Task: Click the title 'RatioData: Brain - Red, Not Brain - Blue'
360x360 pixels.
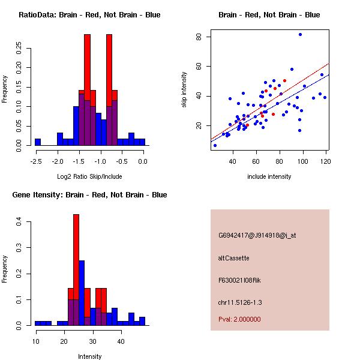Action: (89, 15)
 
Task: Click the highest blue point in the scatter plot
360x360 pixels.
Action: (300, 35)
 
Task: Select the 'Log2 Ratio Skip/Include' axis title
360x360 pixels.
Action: (89, 176)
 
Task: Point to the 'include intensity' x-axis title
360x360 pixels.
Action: (269, 176)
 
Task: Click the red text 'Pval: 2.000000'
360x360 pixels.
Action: (239, 319)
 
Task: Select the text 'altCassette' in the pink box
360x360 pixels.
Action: (233, 258)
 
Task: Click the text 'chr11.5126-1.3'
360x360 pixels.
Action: (240, 302)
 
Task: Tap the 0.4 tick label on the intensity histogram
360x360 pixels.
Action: (20, 222)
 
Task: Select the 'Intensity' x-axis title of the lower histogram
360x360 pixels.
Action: (89, 356)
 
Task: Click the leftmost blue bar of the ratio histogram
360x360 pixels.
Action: (37, 142)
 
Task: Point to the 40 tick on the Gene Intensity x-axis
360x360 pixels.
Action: (121, 341)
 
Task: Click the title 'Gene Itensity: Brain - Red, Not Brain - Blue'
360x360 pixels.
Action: (89, 195)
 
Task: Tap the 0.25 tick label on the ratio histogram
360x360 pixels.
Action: (20, 47)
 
